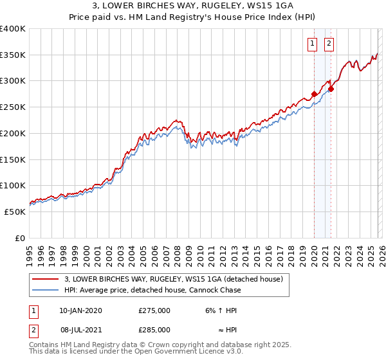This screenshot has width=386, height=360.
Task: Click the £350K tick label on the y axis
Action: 12,55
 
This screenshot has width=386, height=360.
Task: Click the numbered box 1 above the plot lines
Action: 313,44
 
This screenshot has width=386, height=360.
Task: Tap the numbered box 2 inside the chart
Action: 329,44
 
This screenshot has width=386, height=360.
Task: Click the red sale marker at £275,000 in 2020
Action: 314,94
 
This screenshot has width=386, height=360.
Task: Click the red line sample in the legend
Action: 45,279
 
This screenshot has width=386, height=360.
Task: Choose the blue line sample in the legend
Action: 45,290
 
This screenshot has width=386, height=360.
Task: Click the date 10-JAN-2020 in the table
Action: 80,310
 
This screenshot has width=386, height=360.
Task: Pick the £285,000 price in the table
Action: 154,329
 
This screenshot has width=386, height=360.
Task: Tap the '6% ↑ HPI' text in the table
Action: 220,310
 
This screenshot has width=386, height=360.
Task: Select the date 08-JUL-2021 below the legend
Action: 80,329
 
